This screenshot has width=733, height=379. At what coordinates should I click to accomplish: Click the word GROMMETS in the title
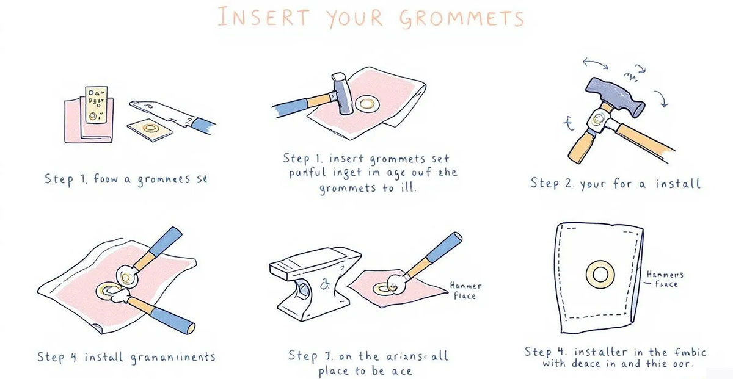[461, 17]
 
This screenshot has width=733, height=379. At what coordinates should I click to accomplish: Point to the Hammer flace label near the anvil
[465, 291]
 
